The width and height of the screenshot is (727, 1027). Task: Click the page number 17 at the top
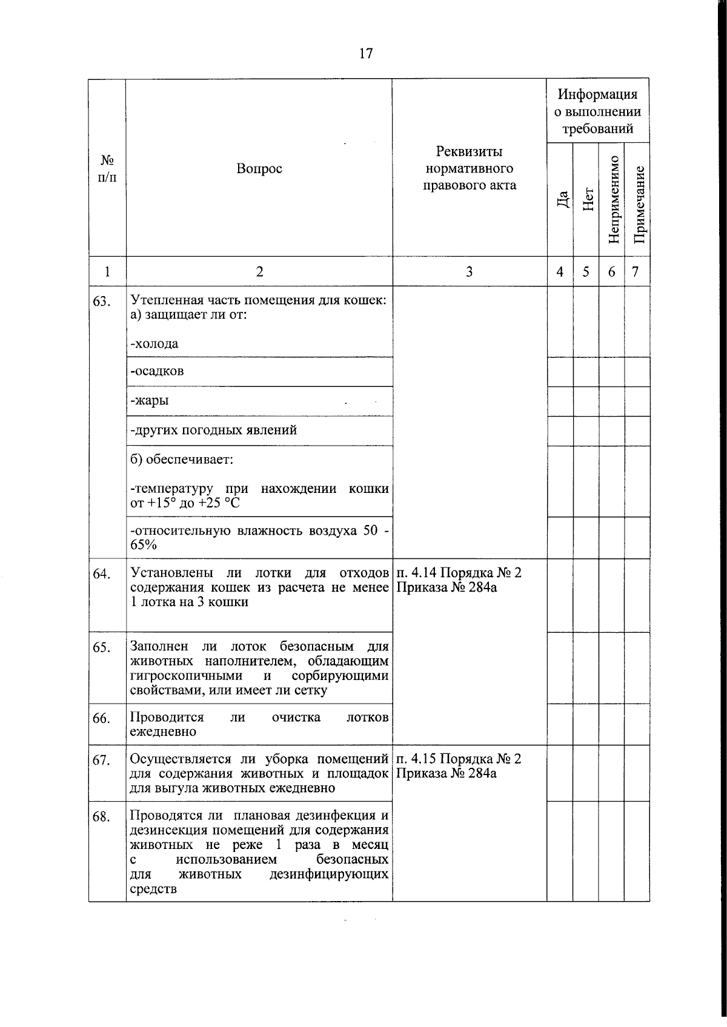pyautogui.click(x=365, y=54)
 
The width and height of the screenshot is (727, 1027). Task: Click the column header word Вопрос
pyautogui.click(x=259, y=169)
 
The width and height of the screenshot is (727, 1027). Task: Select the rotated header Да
pyautogui.click(x=563, y=199)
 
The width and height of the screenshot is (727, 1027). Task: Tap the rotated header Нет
pyautogui.click(x=588, y=199)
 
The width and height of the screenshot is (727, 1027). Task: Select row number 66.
pyautogui.click(x=101, y=719)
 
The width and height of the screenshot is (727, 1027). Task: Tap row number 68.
pyautogui.click(x=101, y=817)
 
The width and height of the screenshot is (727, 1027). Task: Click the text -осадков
pyautogui.click(x=157, y=371)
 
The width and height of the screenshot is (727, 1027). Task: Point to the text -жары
pyautogui.click(x=150, y=401)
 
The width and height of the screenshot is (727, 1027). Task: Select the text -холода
pyautogui.click(x=154, y=344)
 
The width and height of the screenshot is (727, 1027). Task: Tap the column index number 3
pyautogui.click(x=469, y=272)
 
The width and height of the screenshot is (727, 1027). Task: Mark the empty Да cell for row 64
pyautogui.click(x=560, y=595)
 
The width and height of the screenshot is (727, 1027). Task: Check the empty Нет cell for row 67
pyautogui.click(x=586, y=773)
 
